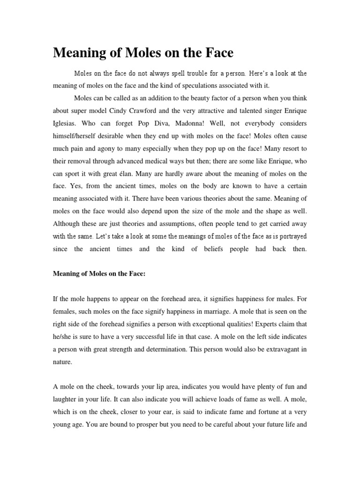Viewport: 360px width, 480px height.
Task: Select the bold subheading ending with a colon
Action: (x=99, y=274)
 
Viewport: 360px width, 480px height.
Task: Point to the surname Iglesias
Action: (x=65, y=124)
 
